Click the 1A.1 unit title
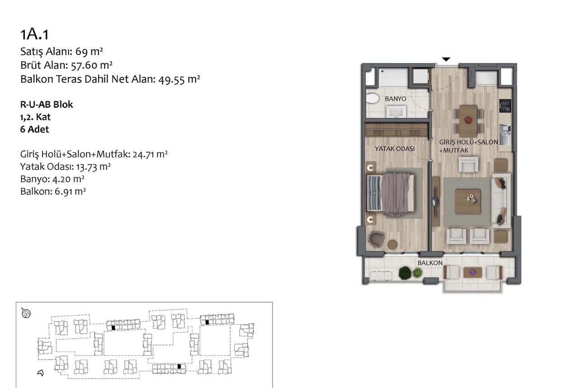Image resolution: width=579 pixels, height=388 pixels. [34, 34]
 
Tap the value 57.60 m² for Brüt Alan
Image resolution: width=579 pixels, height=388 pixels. [92, 65]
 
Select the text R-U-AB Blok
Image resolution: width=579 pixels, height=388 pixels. [47, 105]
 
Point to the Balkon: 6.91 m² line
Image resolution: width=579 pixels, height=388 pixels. [53, 192]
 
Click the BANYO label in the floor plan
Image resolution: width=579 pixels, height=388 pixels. [395, 99]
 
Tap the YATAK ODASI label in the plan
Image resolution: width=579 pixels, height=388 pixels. [395, 149]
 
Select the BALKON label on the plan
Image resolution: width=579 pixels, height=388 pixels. [430, 263]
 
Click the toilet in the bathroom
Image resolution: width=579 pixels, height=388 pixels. [372, 99]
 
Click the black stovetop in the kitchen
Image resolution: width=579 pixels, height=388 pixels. [505, 106]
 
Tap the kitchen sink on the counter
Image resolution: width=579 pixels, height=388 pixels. [505, 134]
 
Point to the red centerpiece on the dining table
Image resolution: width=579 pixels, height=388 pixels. [468, 120]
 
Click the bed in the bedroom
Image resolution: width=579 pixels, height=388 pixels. [390, 194]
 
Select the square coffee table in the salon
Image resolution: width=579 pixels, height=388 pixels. [468, 202]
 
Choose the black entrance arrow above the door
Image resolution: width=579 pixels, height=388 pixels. [446, 59]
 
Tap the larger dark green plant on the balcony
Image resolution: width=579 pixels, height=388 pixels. [405, 273]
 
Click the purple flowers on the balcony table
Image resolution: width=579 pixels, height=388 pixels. [473, 272]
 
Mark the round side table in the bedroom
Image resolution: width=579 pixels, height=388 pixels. [392, 244]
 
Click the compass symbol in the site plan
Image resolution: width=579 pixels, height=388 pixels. [26, 313]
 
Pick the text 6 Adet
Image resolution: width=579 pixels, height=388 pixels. [35, 129]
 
